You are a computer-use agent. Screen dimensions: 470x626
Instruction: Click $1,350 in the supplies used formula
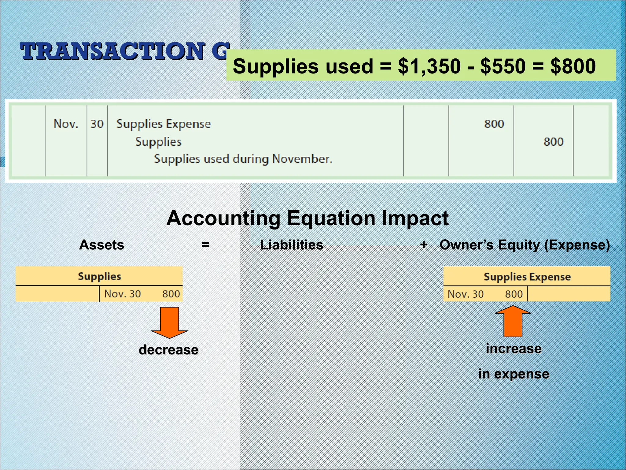[x=429, y=66]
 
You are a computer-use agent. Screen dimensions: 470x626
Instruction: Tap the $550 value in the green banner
[x=503, y=66]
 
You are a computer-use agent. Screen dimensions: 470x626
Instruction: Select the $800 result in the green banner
[x=573, y=66]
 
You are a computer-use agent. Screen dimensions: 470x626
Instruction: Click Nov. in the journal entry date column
[x=66, y=124]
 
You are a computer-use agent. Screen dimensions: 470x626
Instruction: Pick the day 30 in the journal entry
[x=97, y=124]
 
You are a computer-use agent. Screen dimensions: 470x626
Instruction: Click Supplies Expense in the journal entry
[x=164, y=124]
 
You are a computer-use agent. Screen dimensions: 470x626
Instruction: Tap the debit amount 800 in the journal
[x=494, y=124]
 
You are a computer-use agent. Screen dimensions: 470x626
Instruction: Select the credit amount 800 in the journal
[x=553, y=142]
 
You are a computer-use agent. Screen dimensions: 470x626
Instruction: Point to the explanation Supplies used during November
[x=243, y=159]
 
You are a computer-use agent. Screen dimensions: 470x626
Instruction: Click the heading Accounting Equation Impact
[x=307, y=218]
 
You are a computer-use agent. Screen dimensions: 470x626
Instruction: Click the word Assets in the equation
[x=101, y=245]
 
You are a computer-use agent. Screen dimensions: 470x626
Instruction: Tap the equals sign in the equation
[x=205, y=244]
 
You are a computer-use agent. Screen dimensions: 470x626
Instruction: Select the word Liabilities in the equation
[x=291, y=245]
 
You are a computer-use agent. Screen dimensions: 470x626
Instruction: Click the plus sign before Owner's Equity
[x=424, y=244]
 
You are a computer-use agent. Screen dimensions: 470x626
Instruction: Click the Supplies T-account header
[x=99, y=276]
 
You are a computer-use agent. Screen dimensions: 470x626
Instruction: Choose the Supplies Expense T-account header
[x=527, y=277]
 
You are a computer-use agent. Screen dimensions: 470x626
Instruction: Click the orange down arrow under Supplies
[x=169, y=323]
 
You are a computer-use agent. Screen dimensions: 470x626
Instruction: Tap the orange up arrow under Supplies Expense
[x=513, y=321]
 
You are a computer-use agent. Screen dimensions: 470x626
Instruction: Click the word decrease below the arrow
[x=168, y=350]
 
